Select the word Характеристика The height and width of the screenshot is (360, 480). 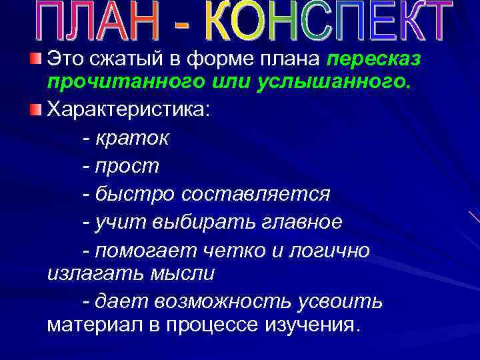tap(127, 109)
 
